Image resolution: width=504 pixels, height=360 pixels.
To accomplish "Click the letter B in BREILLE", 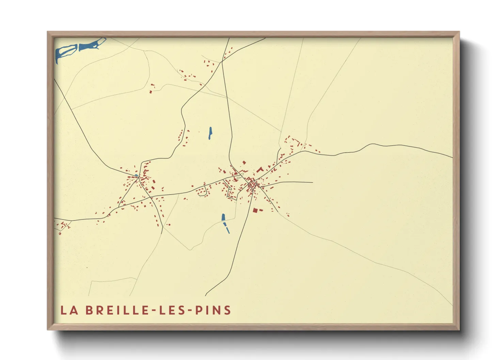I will point(89,310).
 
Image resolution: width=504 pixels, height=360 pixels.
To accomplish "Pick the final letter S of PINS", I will point(228,310).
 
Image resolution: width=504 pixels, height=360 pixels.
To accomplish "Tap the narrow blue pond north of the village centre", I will point(210,133).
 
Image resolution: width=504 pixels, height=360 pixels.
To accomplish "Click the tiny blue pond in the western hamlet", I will point(137,176).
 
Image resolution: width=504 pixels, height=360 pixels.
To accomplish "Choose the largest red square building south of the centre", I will point(255,211).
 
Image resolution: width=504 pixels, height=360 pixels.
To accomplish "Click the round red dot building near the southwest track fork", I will point(168,225).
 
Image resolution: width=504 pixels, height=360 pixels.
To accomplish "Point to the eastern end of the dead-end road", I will point(312,182).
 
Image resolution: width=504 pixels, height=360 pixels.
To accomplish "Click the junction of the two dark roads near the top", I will point(222,61).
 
